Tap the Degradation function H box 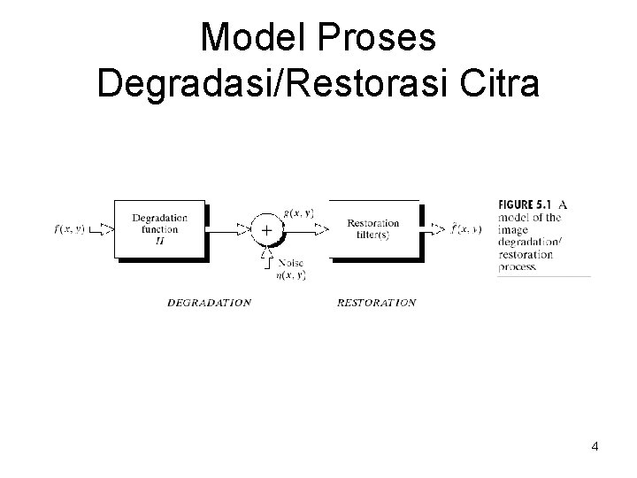click(160, 229)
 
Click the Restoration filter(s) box click(373, 229)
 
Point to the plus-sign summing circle click(266, 229)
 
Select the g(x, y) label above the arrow click(298, 212)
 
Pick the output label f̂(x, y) click(466, 229)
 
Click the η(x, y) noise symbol click(291, 275)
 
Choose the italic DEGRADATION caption click(209, 303)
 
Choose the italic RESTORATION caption click(376, 303)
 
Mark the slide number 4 click(595, 445)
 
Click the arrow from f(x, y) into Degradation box click(103, 229)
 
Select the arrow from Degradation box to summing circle click(230, 229)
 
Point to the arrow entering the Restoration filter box click(305, 229)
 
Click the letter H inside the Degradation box click(160, 239)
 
